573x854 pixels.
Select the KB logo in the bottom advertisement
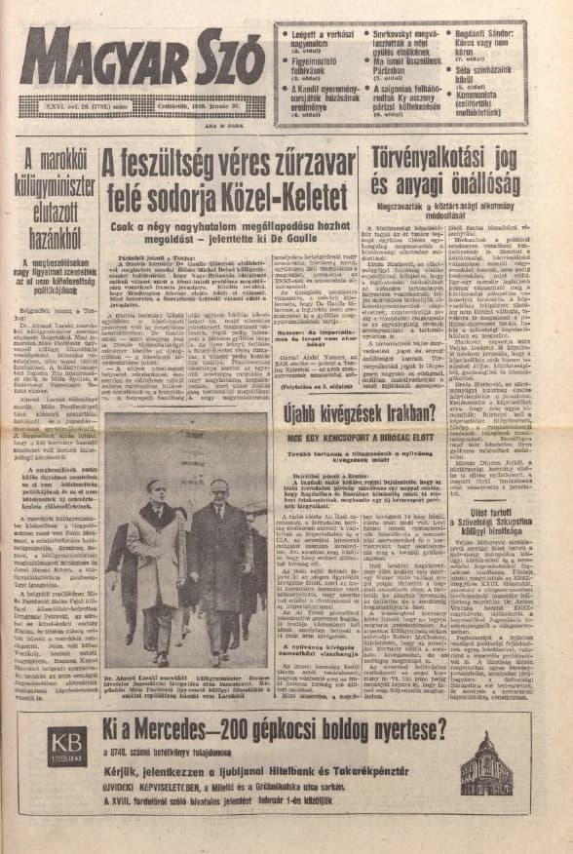point(66,746)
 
